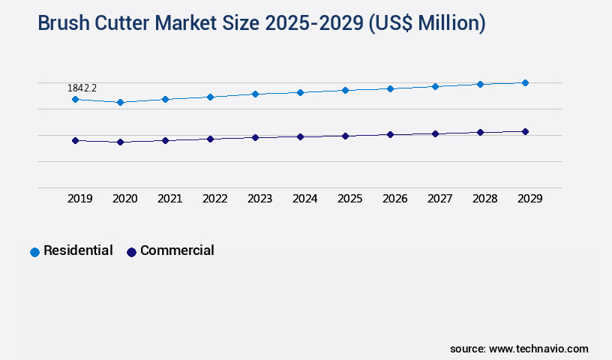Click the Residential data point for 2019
[x=75, y=99]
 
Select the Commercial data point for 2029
[x=525, y=131]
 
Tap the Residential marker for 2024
[x=300, y=92]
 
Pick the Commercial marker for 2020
[x=120, y=142]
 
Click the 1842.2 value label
[x=82, y=88]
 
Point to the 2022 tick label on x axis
[x=214, y=199]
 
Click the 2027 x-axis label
[x=439, y=199]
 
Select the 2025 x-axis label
[x=349, y=199]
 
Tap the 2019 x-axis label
[x=79, y=199]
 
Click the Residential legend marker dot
[x=34, y=252]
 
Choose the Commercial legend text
[x=177, y=250]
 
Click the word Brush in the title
[x=63, y=24]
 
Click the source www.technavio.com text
[x=519, y=349]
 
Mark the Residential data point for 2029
[x=525, y=82]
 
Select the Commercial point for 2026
[x=390, y=134]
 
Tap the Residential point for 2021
[x=165, y=99]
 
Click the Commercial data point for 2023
[x=255, y=137]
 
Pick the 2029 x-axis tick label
[x=529, y=199]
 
